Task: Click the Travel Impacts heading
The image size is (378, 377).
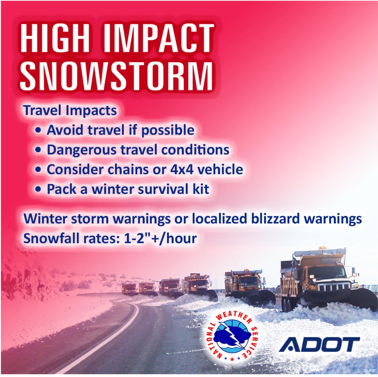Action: (x=70, y=110)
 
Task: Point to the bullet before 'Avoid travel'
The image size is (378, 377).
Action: (x=38, y=130)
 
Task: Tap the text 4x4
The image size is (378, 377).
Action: (x=182, y=169)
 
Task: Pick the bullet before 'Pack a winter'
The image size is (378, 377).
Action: (x=38, y=189)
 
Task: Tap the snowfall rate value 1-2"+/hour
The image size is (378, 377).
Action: (x=161, y=239)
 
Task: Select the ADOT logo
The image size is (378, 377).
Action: (x=319, y=344)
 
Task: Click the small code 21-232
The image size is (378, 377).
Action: (x=369, y=370)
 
